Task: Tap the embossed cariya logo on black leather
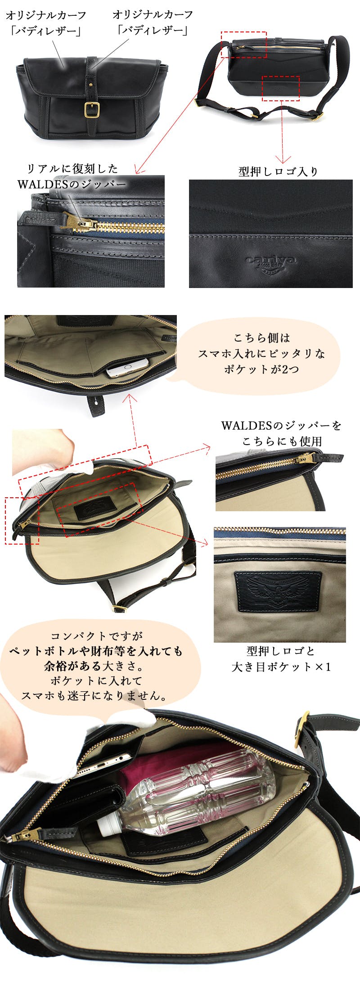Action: tap(270, 261)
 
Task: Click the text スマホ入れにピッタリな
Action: tap(261, 354)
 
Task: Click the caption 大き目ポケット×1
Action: tap(281, 667)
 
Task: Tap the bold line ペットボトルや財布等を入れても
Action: tap(96, 651)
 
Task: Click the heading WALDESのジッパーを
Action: tap(281, 425)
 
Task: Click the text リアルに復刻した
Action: tap(72, 169)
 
